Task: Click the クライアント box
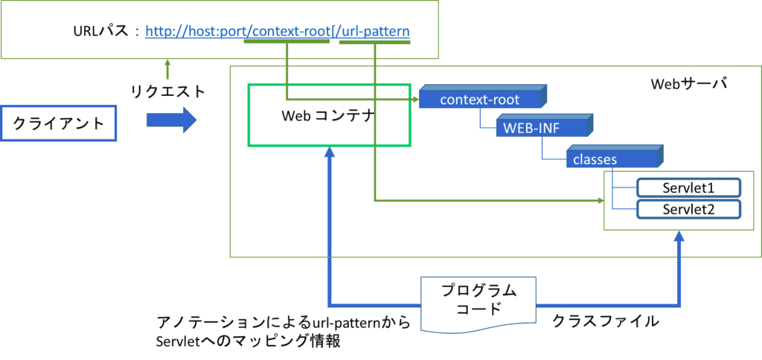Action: [x=60, y=123]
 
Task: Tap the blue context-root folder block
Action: [x=480, y=100]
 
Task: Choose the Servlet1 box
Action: [x=688, y=187]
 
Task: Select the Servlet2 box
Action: [x=688, y=209]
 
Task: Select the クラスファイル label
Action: [x=604, y=321]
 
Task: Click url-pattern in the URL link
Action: [x=376, y=32]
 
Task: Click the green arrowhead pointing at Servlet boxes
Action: [x=600, y=200]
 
